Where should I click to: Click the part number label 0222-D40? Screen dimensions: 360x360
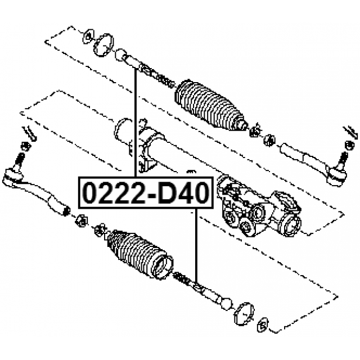coord(146,192)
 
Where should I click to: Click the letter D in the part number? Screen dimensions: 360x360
coord(166,192)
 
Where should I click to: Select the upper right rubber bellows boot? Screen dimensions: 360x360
coord(210,105)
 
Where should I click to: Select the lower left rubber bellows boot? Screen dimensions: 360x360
coord(140,254)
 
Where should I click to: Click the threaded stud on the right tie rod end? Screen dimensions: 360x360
coord(343,159)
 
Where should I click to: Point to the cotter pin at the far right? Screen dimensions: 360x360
coord(350,133)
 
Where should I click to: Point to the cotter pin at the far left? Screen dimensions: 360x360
coord(30,133)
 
